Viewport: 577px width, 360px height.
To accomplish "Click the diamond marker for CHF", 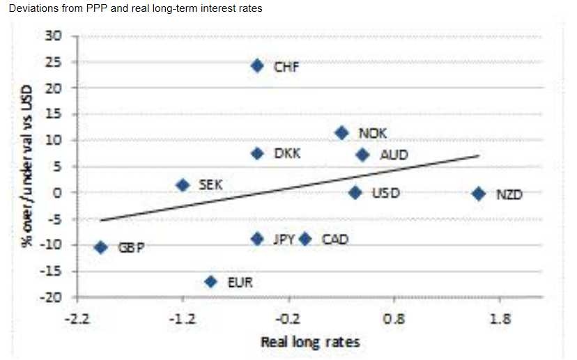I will [x=257, y=65].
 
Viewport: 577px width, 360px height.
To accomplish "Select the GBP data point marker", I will [x=100, y=247].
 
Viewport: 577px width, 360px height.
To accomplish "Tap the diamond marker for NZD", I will [x=478, y=194].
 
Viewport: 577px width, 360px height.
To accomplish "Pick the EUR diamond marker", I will [x=210, y=281].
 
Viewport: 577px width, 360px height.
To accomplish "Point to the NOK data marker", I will [x=341, y=133].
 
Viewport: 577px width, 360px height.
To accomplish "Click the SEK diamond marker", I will [x=183, y=185].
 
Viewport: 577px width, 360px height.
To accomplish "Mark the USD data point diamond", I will [x=355, y=193].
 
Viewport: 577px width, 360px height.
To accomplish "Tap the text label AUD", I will [x=394, y=155].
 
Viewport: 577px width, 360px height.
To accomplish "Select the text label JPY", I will [x=284, y=240].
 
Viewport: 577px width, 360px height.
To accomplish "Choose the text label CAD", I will [x=334, y=240].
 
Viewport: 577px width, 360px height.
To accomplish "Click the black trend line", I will [x=289, y=188].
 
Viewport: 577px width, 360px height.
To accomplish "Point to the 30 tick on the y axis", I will [x=54, y=36].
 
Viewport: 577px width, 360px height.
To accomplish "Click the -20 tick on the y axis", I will [x=51, y=297].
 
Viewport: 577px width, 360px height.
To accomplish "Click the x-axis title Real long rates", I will [x=310, y=342].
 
